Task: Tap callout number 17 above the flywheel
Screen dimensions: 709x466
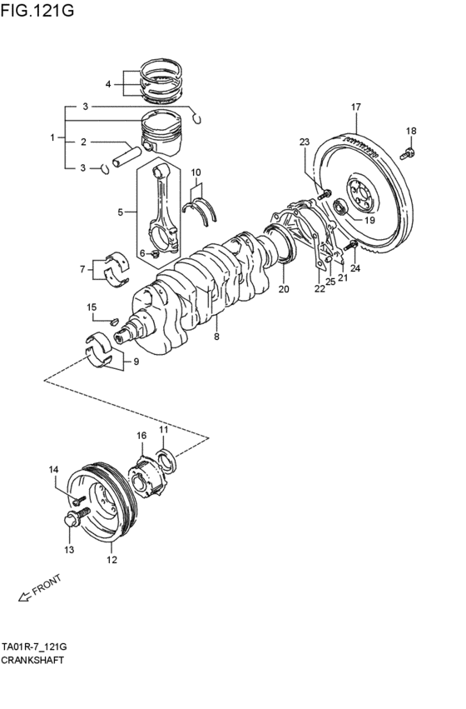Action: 355,107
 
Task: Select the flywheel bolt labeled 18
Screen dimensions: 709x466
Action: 408,152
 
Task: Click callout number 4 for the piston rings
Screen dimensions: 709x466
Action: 108,84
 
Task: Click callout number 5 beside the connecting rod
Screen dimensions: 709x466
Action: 121,212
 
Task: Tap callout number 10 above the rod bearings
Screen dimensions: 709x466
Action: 196,173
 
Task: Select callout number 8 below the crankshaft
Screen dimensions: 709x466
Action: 216,337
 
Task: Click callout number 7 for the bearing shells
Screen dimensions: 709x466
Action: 82,269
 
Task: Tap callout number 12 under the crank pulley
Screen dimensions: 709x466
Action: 111,560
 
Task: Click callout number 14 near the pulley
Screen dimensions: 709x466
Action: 53,470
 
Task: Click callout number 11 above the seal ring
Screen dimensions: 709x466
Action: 164,429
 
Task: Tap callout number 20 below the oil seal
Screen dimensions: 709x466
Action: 283,290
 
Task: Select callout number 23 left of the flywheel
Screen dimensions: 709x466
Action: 305,142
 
